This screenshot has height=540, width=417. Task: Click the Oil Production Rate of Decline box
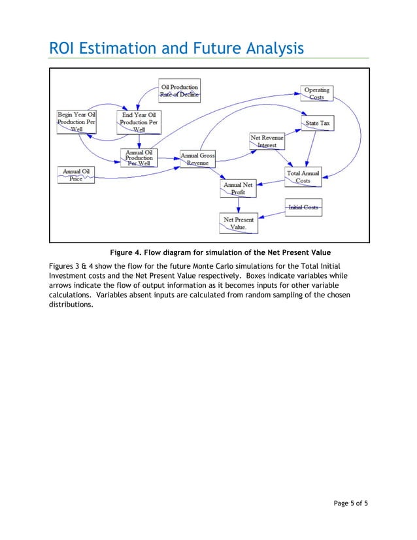[179, 91]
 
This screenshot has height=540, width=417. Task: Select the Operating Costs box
[316, 93]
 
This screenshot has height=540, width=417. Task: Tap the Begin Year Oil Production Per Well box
[76, 122]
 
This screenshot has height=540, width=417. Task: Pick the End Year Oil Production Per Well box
[139, 122]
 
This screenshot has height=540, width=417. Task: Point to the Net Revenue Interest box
[267, 141]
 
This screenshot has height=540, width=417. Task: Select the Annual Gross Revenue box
[197, 159]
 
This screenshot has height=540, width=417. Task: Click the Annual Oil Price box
[76, 175]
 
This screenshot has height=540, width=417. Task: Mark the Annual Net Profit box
[238, 189]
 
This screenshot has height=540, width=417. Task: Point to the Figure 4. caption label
[127, 252]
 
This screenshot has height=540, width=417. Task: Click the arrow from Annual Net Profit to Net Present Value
[238, 205]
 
